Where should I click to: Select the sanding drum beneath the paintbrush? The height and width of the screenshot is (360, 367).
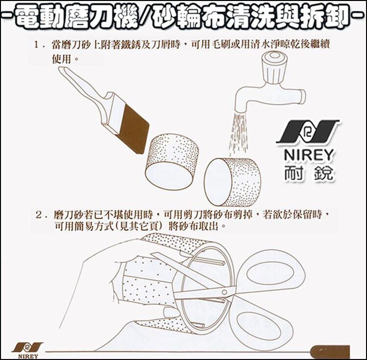coord(172,162)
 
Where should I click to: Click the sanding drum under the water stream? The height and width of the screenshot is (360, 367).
coord(232,182)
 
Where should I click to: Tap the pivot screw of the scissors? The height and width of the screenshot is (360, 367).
coord(224,292)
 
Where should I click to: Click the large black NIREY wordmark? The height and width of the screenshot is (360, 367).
coord(308,155)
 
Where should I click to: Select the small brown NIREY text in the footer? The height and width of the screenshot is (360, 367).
coord(28,356)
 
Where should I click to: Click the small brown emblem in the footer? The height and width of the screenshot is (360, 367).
coord(27,347)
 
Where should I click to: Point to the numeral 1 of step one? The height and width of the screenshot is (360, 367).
coord(36,45)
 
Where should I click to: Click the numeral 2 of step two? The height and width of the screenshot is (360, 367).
coord(39,215)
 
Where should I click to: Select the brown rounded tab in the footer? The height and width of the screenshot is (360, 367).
coord(329,352)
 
